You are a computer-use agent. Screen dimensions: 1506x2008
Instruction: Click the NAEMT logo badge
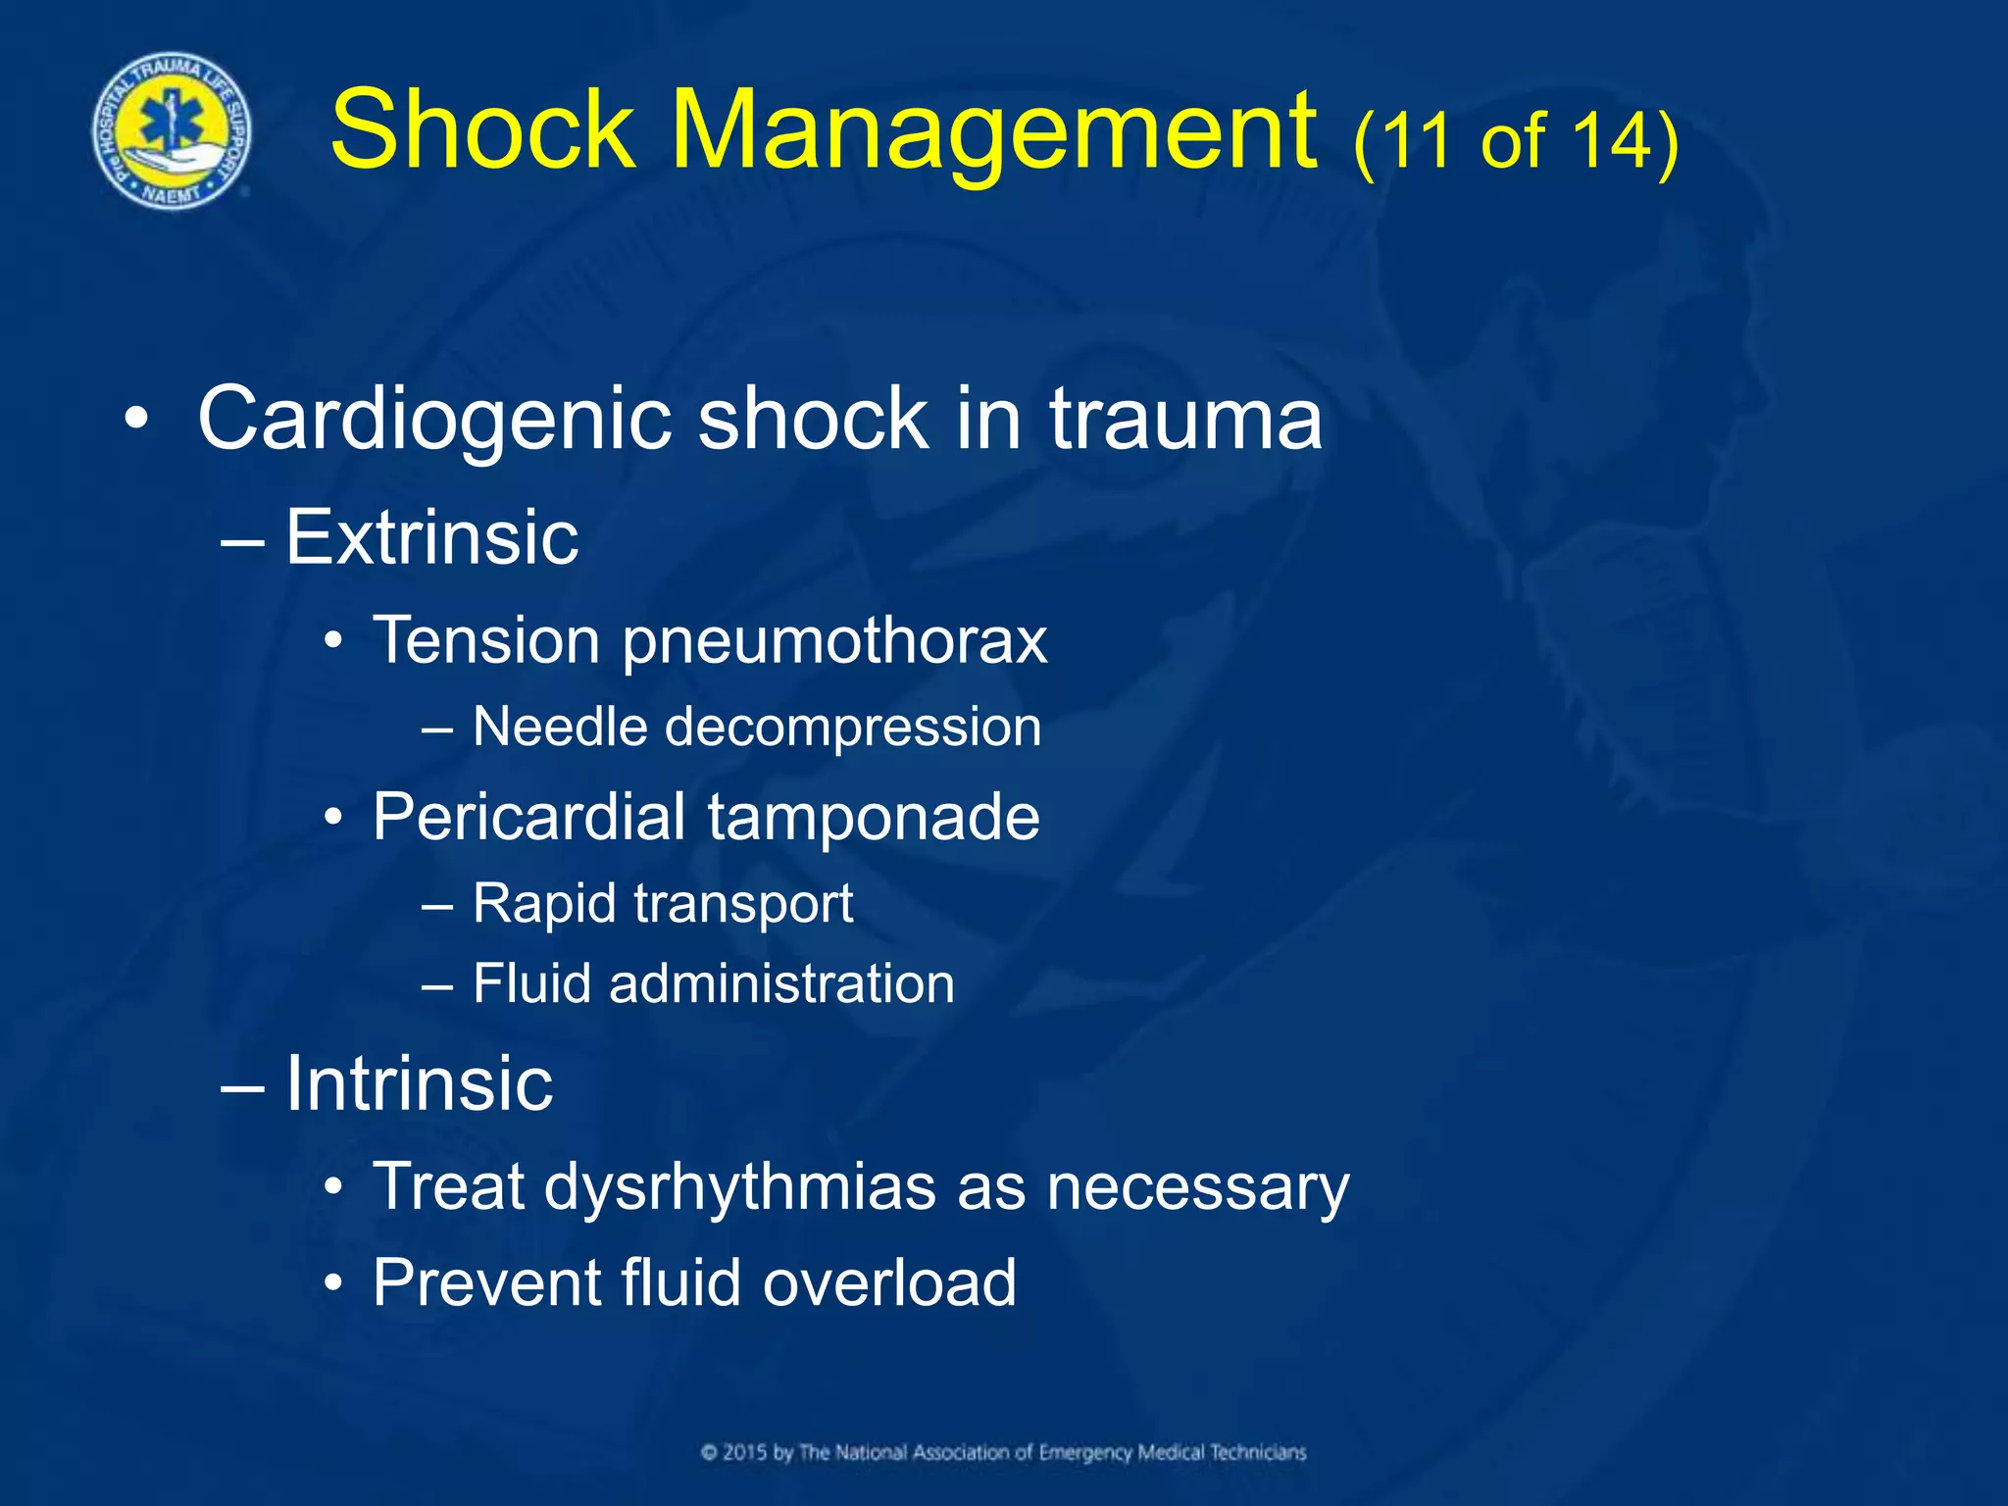click(x=172, y=131)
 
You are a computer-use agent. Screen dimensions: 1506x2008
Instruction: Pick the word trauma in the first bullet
click(x=1185, y=420)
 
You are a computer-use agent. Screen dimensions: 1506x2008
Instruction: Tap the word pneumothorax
click(x=834, y=642)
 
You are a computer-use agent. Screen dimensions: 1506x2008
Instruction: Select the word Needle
click(x=560, y=728)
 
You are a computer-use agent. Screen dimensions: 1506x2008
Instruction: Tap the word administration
click(x=781, y=983)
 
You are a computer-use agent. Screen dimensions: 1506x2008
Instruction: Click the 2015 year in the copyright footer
click(x=745, y=1453)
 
